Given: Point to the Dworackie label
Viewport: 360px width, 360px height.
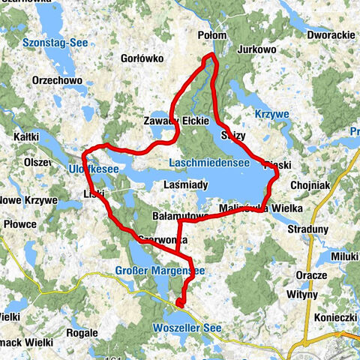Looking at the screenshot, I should click(x=331, y=35).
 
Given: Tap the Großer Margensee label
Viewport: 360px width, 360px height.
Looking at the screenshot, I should click(x=160, y=270).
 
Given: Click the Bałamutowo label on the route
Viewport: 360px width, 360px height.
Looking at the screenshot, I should click(x=180, y=216).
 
